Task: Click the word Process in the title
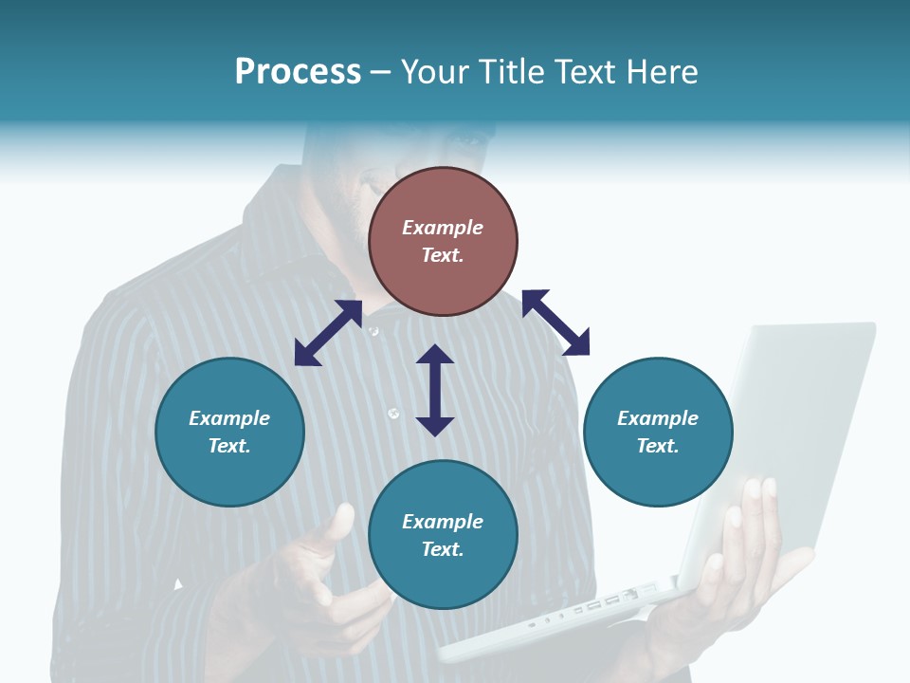298,72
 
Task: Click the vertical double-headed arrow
435,390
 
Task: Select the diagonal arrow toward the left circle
328,333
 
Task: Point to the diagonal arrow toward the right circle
555,323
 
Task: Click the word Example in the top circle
443,228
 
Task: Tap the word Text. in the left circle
229,446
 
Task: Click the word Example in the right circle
658,418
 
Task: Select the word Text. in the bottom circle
443,549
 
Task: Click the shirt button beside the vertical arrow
394,413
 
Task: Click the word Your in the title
434,72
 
